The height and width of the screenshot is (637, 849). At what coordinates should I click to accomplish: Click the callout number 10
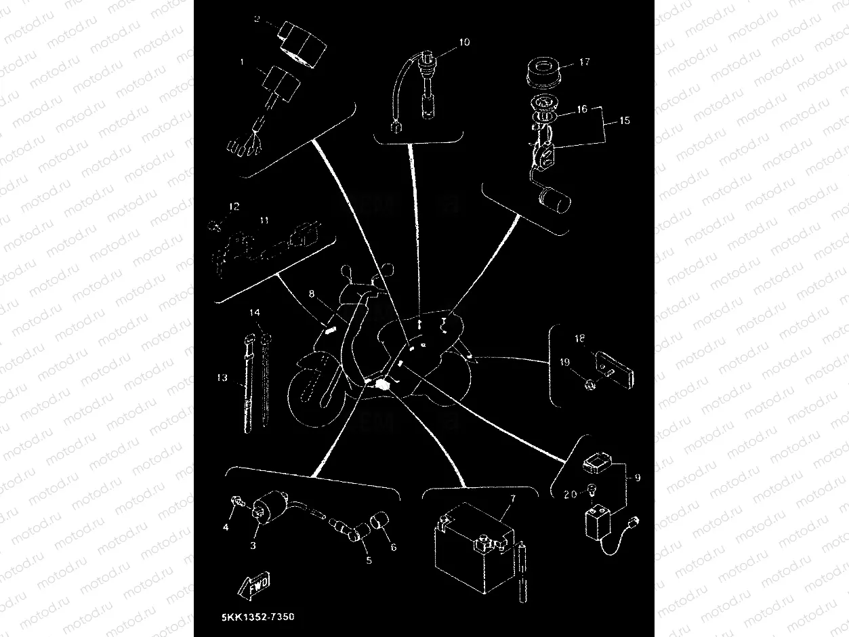click(x=463, y=42)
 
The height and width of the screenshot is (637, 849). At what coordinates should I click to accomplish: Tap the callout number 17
click(x=584, y=62)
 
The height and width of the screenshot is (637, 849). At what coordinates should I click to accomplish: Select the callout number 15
click(x=624, y=121)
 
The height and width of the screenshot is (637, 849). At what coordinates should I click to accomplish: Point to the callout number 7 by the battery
click(x=513, y=498)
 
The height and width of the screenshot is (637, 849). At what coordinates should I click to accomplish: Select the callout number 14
click(x=254, y=313)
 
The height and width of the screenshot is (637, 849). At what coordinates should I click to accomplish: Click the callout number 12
click(x=234, y=207)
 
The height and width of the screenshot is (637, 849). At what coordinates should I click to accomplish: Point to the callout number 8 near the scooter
click(x=312, y=295)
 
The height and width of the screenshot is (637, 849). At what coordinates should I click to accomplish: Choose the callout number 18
click(x=579, y=338)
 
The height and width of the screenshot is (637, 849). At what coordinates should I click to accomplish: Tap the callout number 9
click(x=636, y=478)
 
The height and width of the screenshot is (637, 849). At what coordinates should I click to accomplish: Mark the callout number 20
click(x=570, y=495)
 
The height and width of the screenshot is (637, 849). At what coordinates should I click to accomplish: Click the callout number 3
click(x=253, y=546)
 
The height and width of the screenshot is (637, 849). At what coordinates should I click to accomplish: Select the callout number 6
click(x=392, y=547)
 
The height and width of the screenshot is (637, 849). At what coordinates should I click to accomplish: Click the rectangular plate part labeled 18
click(x=613, y=367)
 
